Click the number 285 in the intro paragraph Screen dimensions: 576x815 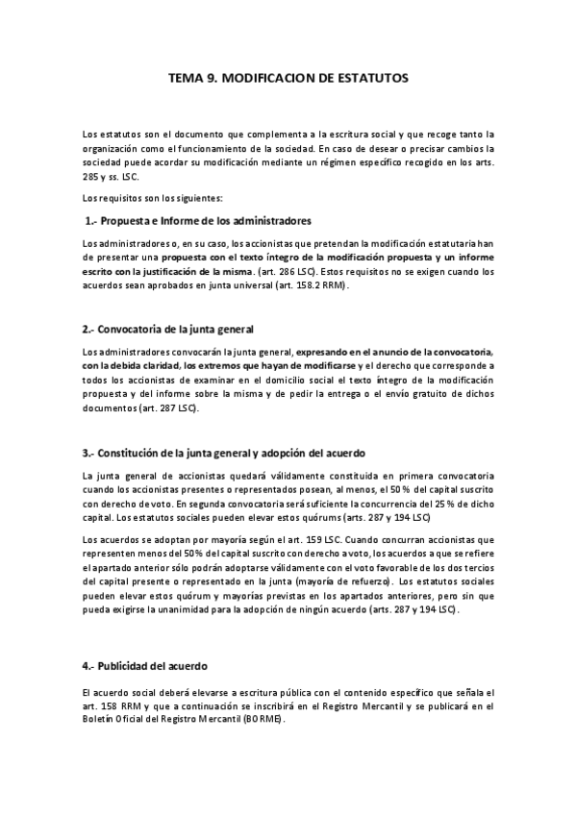pyautogui.click(x=91, y=177)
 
